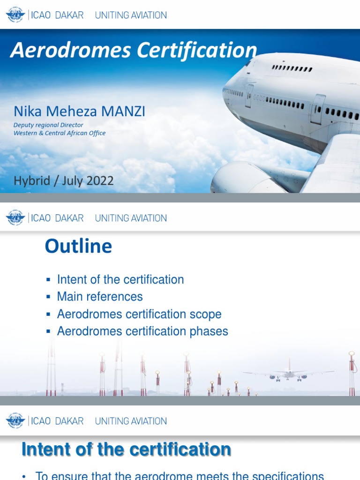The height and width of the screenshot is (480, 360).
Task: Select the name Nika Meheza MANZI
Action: [79, 111]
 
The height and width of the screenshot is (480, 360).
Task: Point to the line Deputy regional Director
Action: [48, 125]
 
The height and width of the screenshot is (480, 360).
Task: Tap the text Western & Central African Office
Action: [60, 133]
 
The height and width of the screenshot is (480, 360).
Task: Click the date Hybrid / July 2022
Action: [64, 181]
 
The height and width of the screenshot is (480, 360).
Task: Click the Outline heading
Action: [78, 247]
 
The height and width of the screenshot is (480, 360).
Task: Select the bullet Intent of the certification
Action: [120, 280]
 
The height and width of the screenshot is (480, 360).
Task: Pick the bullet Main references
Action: [100, 297]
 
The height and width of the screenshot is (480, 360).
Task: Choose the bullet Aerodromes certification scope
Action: [139, 314]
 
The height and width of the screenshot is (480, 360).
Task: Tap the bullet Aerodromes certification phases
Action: [142, 331]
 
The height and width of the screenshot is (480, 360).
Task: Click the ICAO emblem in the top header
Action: [15, 15]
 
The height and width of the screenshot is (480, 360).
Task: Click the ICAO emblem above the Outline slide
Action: [15, 218]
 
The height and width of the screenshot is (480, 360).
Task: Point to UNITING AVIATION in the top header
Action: [131, 15]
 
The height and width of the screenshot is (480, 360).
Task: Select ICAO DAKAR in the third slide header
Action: [56, 421]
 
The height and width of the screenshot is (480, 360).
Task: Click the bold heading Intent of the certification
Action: [126, 450]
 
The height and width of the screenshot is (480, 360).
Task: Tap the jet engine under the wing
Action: [239, 178]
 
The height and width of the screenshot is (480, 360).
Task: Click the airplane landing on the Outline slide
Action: [288, 374]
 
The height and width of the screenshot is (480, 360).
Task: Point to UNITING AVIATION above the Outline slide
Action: [131, 218]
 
